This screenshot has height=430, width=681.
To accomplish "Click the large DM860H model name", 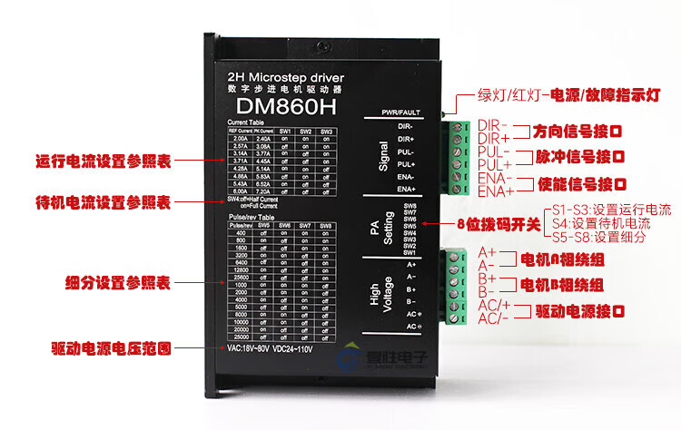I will pyautogui.click(x=280, y=104).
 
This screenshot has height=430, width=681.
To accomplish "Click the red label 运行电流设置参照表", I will pyautogui.click(x=103, y=161).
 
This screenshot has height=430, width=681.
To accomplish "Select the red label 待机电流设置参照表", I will pyautogui.click(x=103, y=201).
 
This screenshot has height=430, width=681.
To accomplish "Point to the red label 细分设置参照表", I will pyautogui.click(x=118, y=282).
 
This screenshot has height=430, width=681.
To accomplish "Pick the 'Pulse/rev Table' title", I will pyautogui.click(x=252, y=218).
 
